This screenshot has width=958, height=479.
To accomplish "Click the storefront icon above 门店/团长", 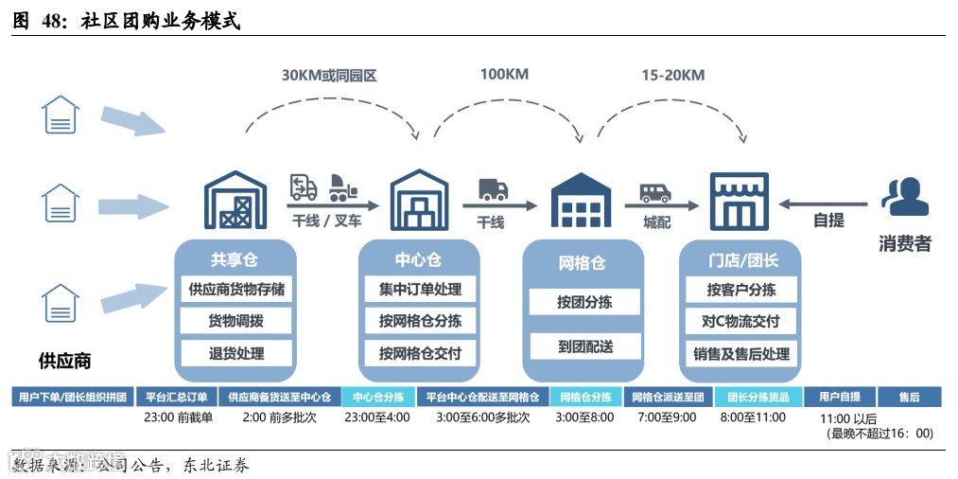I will (740, 200).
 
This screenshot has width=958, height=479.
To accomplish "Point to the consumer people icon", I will (904, 197).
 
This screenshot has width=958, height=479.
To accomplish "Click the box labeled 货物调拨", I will (235, 321).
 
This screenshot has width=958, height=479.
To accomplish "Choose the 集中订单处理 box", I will (420, 290).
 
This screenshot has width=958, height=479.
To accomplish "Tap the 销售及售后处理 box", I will (740, 353).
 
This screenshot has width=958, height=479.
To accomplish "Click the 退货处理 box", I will (235, 353).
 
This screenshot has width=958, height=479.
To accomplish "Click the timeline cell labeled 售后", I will (909, 397).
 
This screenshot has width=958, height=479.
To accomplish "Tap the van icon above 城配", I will (655, 193).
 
